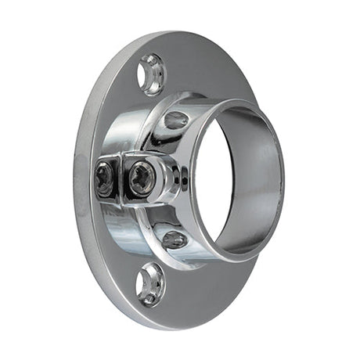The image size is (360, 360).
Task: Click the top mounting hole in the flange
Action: tap(151, 75)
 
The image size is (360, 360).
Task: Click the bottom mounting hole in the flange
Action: tap(151, 284)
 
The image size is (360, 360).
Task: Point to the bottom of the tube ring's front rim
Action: tap(235, 258)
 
